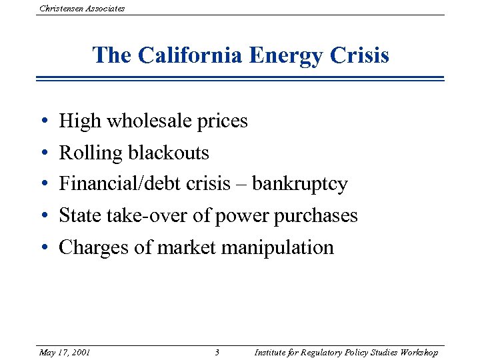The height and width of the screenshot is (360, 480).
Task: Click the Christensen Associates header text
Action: coord(82,8)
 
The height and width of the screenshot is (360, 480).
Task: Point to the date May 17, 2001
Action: coord(65,352)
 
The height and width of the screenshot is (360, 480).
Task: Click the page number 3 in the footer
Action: coord(217,352)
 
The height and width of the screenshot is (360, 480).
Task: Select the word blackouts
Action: coord(169,153)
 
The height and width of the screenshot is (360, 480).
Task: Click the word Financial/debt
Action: coord(113,184)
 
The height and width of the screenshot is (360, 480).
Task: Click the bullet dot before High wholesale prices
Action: coord(43,122)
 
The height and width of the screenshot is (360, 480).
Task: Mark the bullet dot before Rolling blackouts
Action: coord(43,154)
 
